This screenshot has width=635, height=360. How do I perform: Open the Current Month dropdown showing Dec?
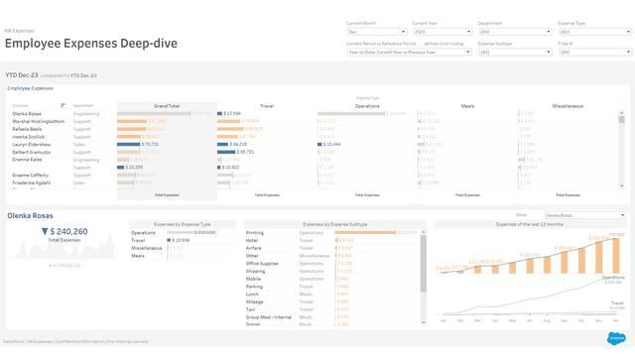click(375, 32)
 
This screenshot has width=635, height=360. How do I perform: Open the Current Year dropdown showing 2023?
click(441, 32)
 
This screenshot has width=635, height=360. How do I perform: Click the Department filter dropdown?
click(514, 32)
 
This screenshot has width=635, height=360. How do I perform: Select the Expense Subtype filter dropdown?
click(514, 52)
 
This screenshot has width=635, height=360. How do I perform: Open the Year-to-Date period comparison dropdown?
click(408, 52)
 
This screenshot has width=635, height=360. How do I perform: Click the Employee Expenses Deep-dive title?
click(91, 44)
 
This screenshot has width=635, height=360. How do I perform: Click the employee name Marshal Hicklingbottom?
click(39, 121)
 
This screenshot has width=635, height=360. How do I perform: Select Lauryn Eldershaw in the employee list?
click(32, 144)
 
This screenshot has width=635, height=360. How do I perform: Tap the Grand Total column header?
click(167, 105)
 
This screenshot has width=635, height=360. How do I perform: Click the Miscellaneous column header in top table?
click(568, 105)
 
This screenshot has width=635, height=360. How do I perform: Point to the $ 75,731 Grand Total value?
click(150, 144)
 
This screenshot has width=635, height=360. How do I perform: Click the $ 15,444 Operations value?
click(330, 144)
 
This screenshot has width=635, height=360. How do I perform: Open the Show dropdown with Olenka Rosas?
click(584, 215)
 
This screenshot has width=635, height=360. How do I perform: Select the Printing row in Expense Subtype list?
click(255, 232)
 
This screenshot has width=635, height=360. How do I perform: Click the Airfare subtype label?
click(253, 248)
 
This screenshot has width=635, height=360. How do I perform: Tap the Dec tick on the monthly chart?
click(616, 320)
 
